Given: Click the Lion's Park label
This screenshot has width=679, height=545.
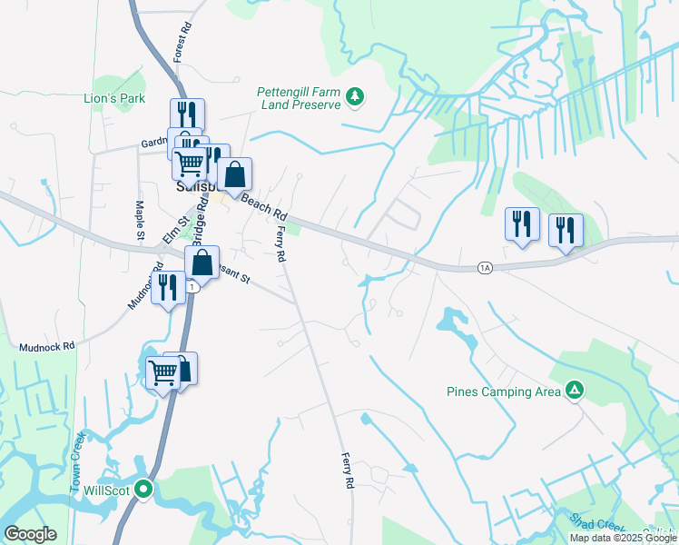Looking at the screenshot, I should click(114, 98).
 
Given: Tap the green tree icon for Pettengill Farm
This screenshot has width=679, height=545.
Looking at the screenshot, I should click(357, 96).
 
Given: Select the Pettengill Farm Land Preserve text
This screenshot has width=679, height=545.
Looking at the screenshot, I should click(299, 98).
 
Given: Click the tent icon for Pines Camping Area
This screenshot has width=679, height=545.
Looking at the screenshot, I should click(574, 391).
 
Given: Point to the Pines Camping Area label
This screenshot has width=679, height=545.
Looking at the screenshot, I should click(503, 392).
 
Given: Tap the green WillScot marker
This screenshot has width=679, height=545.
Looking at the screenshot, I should click(143, 490).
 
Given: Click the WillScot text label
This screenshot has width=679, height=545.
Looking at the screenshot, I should click(103, 490).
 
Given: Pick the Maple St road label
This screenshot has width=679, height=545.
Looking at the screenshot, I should click(141, 222).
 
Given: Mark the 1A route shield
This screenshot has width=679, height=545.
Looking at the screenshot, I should click(485, 268).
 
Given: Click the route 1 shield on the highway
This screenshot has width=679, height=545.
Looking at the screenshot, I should click(192, 286).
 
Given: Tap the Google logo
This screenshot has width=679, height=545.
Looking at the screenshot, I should click(30, 534).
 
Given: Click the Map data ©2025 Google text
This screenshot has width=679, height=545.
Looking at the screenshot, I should click(623, 538).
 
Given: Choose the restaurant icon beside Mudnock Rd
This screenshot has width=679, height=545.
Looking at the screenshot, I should click(168, 287).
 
